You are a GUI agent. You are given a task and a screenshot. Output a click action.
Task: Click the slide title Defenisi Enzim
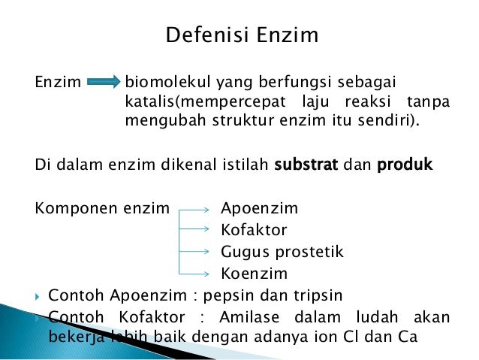tap(241, 35)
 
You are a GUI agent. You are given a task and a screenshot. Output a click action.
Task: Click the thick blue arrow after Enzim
tap(104, 81)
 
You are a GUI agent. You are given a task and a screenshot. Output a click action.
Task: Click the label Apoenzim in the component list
tap(259, 208)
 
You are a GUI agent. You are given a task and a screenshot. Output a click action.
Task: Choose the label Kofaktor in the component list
tap(254, 230)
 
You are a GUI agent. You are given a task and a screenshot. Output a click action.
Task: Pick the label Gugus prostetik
tap(282, 252)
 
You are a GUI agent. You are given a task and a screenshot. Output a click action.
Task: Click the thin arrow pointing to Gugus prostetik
tap(194, 252)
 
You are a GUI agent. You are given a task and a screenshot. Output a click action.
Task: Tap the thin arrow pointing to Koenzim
tap(194, 274)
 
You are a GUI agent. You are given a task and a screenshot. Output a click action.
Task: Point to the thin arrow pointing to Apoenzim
tap(194, 209)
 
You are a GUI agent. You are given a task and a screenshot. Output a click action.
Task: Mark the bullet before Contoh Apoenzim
tap(38, 295)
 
